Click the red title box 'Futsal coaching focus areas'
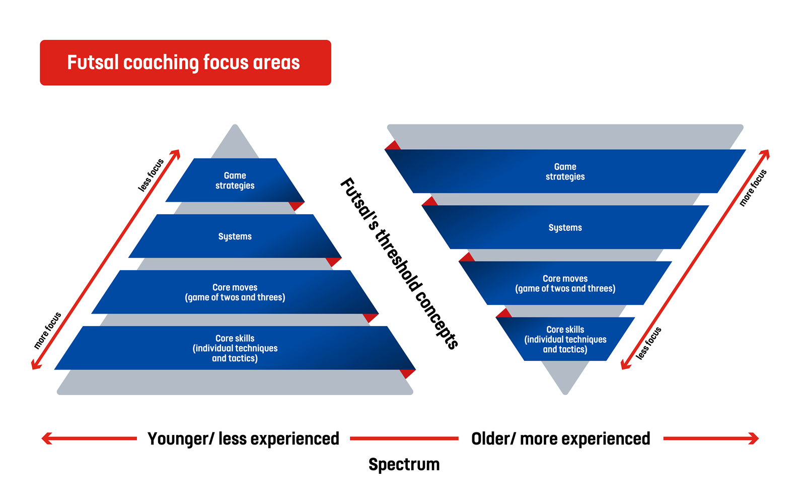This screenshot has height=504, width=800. point(185,62)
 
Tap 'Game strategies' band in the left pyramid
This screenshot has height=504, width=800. point(235,180)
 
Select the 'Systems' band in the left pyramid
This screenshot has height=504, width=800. point(235,236)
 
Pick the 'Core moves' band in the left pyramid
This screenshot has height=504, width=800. point(235,292)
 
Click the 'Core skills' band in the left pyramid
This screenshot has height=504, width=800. point(235,348)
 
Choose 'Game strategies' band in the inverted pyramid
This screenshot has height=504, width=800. point(565,171)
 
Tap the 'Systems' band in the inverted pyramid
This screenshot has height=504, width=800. point(565,227)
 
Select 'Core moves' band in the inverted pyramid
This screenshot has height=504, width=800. point(565,283)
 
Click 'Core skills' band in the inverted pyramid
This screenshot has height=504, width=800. point(565,339)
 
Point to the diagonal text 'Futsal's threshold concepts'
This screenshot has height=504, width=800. point(399,264)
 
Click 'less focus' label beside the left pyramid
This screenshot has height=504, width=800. point(151,175)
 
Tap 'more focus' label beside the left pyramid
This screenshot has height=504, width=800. point(47,331)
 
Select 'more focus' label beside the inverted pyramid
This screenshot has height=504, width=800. point(753,187)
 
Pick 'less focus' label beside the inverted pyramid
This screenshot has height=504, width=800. point(648,343)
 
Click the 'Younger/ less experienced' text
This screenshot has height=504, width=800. point(243,439)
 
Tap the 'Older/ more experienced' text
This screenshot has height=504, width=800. point(561,439)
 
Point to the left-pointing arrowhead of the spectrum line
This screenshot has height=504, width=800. point(46,438)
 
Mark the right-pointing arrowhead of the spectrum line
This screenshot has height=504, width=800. point(754,438)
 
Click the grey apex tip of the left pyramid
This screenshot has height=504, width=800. point(235,125)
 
